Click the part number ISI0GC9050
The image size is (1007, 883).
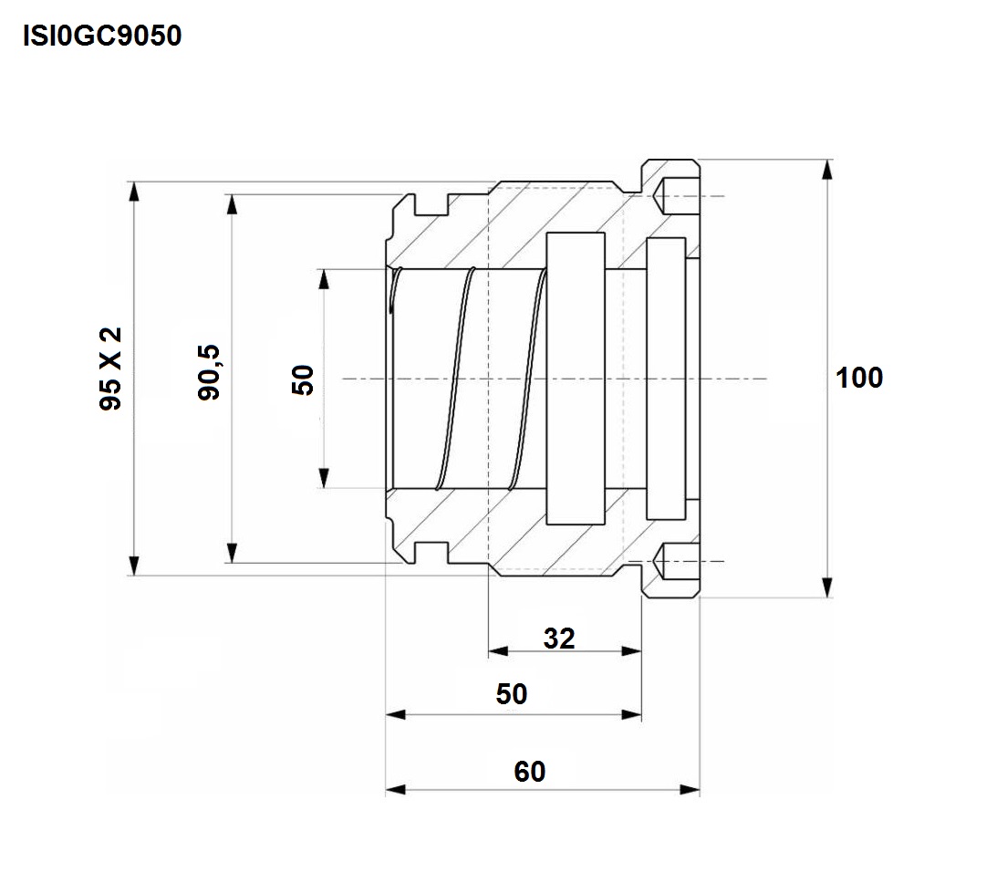click(x=102, y=36)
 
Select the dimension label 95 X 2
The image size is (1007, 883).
click(x=111, y=369)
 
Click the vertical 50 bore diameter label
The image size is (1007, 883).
click(x=304, y=379)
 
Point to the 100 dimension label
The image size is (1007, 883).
click(x=859, y=378)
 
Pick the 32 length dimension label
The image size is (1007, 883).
click(x=559, y=639)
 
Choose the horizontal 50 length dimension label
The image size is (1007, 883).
click(x=512, y=694)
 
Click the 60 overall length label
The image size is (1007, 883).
click(x=529, y=772)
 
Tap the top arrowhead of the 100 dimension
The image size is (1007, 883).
click(x=826, y=170)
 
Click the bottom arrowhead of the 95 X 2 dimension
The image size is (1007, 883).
click(x=134, y=566)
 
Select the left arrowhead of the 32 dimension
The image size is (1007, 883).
click(x=498, y=651)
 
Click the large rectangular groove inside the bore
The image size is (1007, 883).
click(x=576, y=379)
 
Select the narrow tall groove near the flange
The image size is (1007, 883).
click(x=665, y=379)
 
